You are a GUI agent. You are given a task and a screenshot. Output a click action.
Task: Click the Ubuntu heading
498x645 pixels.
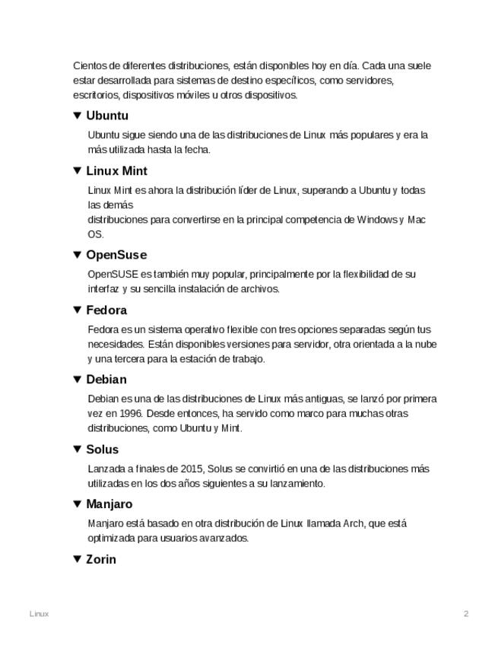[x=107, y=116]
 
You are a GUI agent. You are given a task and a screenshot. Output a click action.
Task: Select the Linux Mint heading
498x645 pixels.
[x=116, y=171]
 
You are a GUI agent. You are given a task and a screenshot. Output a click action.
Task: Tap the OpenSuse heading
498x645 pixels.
[x=116, y=255]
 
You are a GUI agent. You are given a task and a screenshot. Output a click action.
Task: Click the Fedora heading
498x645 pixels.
[x=106, y=310]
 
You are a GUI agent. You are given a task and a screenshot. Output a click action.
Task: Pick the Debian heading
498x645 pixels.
[x=106, y=380]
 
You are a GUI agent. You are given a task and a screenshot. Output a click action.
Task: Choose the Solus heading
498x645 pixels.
[x=103, y=450]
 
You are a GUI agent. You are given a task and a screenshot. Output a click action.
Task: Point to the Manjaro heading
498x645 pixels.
[x=109, y=504]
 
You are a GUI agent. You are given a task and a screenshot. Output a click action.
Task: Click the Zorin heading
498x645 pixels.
[x=101, y=560]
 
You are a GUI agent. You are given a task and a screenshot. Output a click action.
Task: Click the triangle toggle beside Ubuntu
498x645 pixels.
[x=77, y=116]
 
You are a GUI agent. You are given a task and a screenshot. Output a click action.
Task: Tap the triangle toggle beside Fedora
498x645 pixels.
[x=77, y=310]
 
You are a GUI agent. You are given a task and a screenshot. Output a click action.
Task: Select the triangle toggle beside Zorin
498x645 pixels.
[x=77, y=560]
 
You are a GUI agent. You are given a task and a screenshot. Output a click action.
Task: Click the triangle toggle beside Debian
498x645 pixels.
[x=77, y=380]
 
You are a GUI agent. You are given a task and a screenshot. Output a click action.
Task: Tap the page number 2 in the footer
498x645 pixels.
[x=466, y=614]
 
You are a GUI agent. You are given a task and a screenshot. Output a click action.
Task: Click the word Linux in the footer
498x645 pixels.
[x=39, y=614]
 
